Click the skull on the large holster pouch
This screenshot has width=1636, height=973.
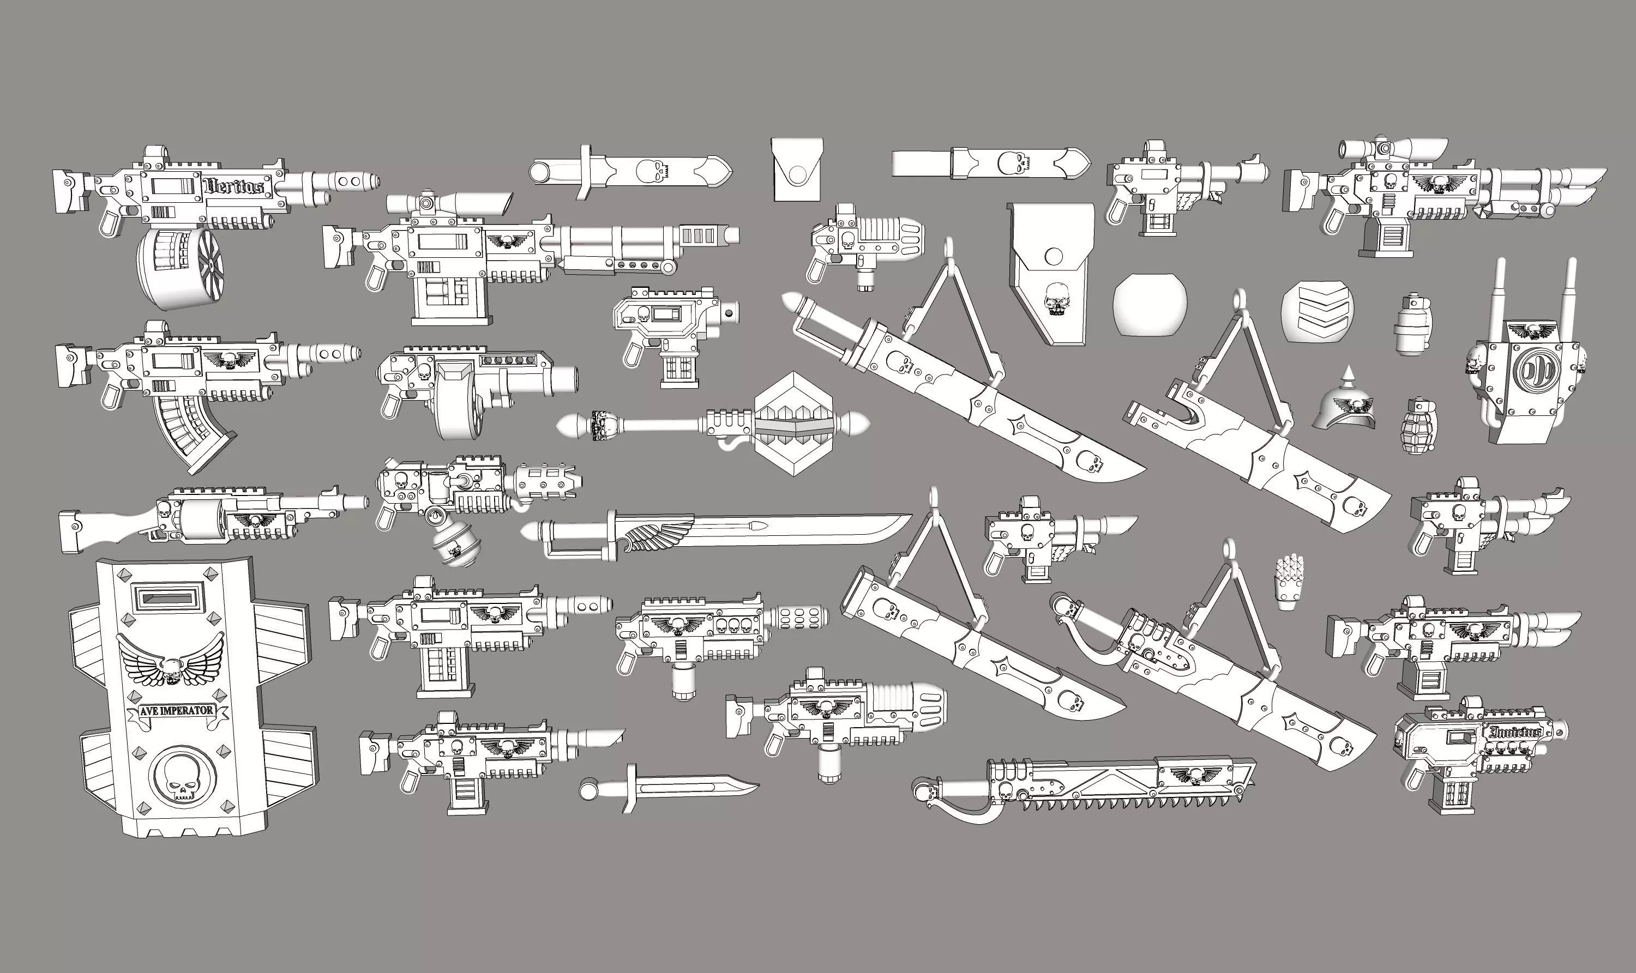pos(1055,298)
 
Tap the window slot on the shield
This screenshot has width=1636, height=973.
pos(167,598)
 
